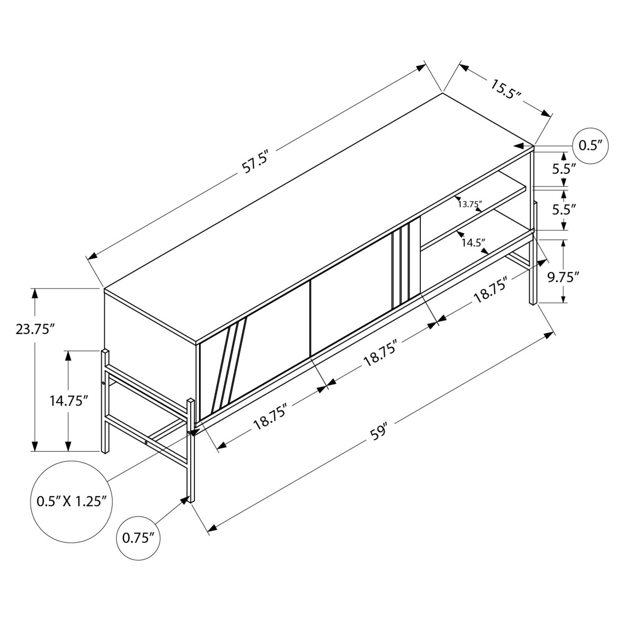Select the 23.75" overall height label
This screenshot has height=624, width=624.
click(33, 330)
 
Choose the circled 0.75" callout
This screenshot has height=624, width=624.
click(139, 537)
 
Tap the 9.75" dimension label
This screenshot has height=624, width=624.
click(563, 278)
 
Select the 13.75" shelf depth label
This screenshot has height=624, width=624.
click(470, 204)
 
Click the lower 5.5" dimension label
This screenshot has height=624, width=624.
click(564, 209)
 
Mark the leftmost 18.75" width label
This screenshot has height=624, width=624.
click(272, 416)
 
